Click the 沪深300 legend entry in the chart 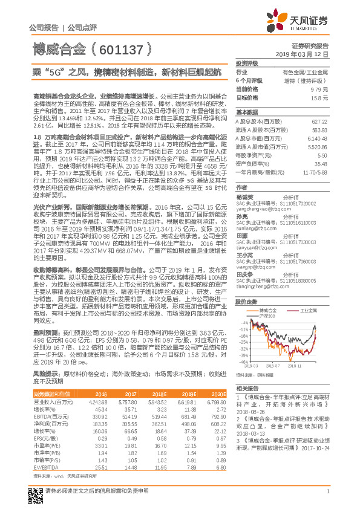tap(267, 316)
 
